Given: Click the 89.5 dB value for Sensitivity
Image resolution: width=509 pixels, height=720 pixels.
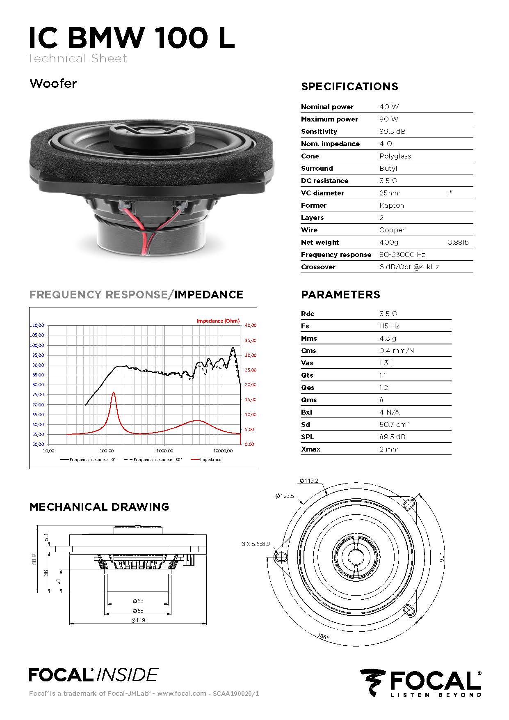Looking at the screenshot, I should pos(392,131).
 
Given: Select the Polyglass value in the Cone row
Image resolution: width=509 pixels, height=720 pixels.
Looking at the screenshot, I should pos(395,156).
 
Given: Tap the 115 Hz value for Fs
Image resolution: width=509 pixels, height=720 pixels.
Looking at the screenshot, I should pos(389,326).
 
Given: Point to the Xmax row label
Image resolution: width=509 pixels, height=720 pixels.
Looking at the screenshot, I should pos(310,449).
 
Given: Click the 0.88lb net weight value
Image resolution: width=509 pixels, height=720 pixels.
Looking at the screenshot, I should pos(458,242).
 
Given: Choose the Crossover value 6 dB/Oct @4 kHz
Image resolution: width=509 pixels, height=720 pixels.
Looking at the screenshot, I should pos(409,267).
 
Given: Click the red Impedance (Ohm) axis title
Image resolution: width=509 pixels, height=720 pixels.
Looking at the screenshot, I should pos(218,321).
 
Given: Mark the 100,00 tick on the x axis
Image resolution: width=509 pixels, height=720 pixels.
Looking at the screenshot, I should pos(107,451).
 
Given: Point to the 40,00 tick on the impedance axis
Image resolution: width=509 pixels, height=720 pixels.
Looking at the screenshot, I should pos(250,325).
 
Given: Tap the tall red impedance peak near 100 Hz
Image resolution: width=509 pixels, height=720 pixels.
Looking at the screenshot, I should pos(114,393).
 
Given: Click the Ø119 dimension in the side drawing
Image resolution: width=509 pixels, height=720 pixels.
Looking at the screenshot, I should pos(138,620).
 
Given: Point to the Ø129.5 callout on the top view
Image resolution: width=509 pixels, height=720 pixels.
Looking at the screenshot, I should pos(285,496).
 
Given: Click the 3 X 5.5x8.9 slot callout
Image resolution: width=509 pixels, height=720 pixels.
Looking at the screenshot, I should pos(256,544).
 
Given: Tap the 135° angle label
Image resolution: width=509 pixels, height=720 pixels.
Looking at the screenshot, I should pos(323,636).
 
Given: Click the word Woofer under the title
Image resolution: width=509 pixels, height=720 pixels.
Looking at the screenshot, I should pos(53,84).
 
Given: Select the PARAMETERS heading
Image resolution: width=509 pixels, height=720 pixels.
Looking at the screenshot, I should pos(340,295).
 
